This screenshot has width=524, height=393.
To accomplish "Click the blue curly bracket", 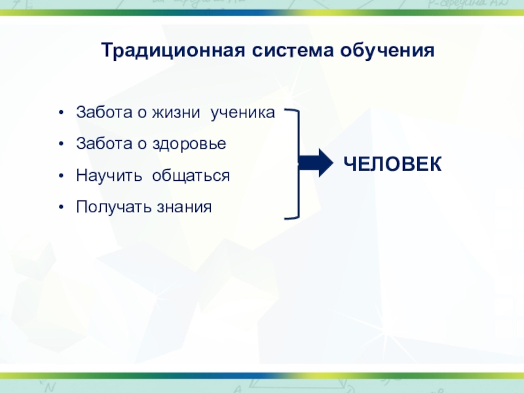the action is (x=295, y=163).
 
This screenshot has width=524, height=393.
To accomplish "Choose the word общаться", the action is (x=191, y=176).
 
